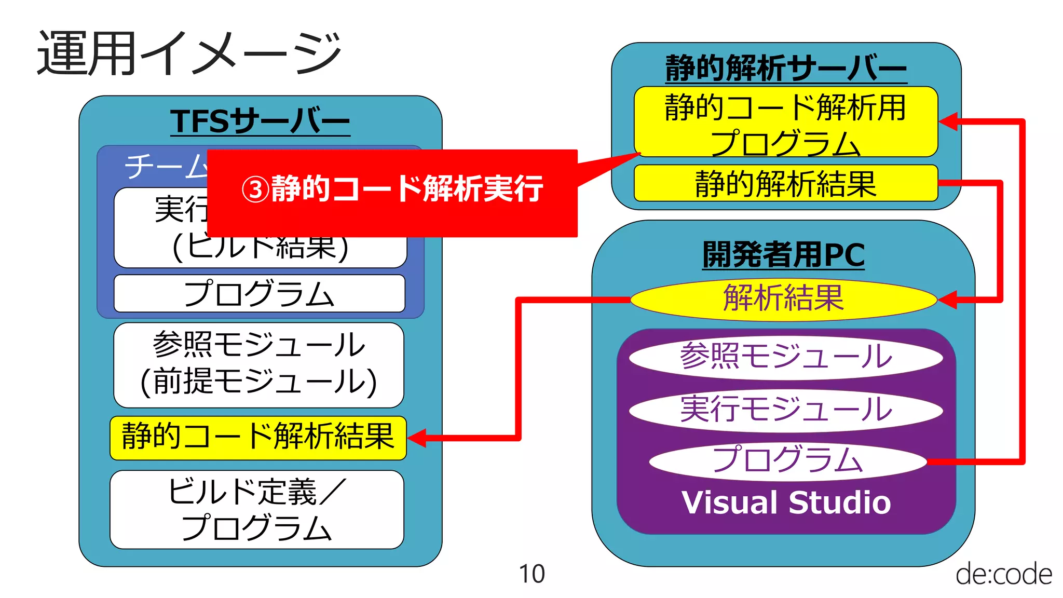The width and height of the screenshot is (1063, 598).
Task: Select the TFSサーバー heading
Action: click(260, 121)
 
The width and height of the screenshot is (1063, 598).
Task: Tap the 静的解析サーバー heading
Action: click(786, 68)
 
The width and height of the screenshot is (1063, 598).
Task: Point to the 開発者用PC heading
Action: click(783, 255)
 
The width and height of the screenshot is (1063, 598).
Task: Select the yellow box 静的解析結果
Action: click(785, 184)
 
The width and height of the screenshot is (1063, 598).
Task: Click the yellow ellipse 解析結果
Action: click(783, 299)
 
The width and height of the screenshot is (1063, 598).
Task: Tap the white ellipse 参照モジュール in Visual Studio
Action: click(786, 357)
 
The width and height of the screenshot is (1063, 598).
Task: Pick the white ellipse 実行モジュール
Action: click(786, 409)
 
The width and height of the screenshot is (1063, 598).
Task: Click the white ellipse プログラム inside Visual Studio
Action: click(787, 460)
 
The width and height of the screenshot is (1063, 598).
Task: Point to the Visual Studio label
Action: click(786, 502)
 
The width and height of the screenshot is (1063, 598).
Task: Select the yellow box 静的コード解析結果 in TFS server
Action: click(258, 437)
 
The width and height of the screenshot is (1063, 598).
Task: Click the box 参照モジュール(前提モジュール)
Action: click(258, 364)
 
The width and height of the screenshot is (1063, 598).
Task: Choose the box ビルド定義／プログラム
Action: click(257, 509)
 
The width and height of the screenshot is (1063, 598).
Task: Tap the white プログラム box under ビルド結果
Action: click(259, 294)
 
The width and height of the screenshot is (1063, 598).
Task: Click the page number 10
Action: click(531, 574)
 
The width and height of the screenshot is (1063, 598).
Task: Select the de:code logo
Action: click(1003, 574)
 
